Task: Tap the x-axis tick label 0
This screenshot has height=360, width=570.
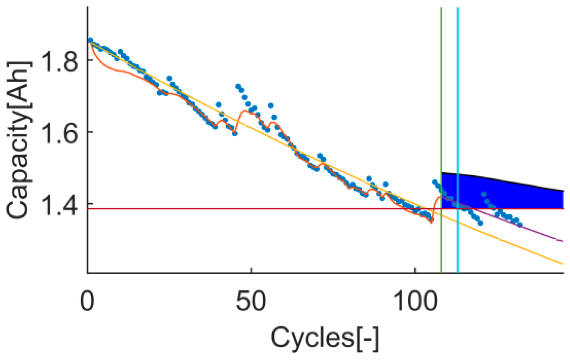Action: [87, 302]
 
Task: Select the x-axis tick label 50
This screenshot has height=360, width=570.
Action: [251, 302]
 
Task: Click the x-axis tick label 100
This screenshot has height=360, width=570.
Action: [415, 302]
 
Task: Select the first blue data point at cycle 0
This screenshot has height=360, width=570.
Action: [90, 40]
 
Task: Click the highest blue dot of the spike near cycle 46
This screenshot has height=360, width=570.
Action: [238, 86]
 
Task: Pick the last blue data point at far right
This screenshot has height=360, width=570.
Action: [520, 225]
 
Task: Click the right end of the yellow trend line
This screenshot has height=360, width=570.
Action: [562, 263]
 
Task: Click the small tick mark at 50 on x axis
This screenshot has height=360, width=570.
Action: [251, 271]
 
